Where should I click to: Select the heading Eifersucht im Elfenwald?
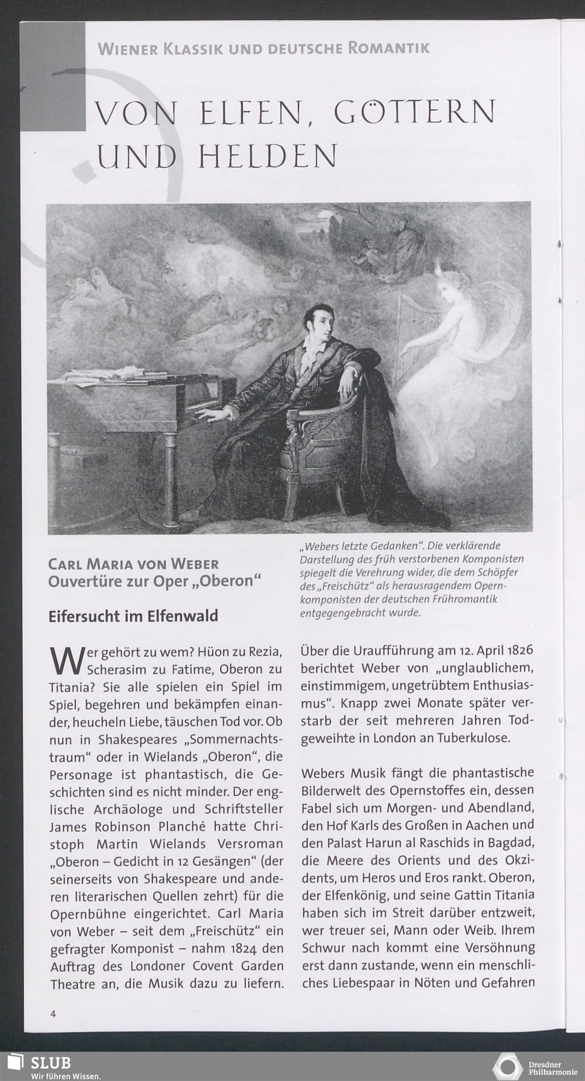(133, 615)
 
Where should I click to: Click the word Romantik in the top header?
(388, 48)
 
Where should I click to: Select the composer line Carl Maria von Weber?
(133, 564)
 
